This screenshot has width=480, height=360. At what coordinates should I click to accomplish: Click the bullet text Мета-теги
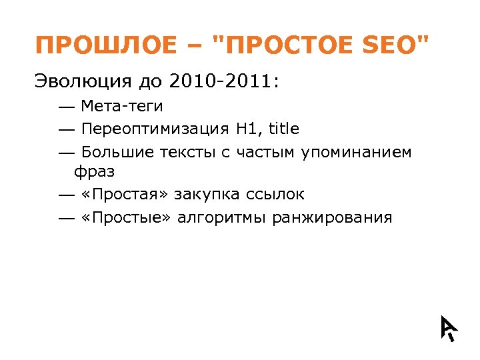click(121, 106)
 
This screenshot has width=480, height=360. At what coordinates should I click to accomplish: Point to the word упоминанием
click(356, 152)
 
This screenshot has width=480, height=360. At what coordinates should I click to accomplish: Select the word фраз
click(94, 171)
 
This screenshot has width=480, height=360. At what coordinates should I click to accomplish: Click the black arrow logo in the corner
click(449, 327)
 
